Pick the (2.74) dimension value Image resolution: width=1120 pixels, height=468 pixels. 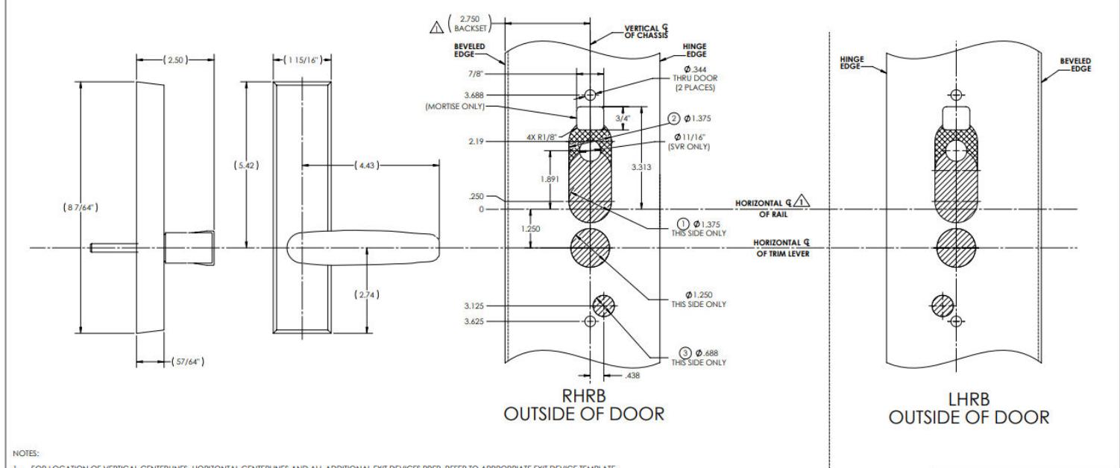[368, 294]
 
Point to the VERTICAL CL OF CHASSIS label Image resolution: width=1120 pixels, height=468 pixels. [646, 32]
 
